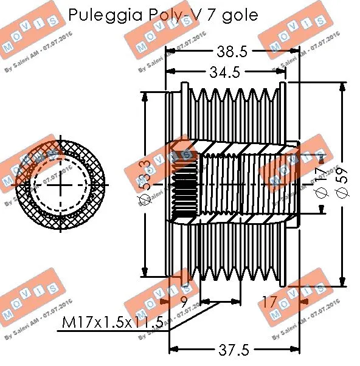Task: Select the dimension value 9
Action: (183, 300)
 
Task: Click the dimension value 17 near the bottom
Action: (269, 300)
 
